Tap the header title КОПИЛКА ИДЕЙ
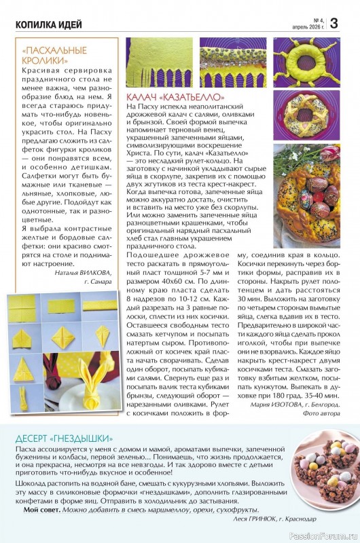click(x=49, y=25)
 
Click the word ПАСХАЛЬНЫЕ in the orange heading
click(x=58, y=51)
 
